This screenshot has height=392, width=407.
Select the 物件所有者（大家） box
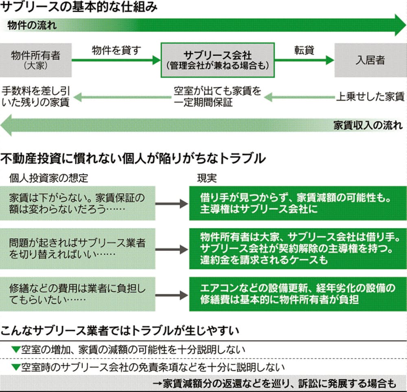[x=36, y=59]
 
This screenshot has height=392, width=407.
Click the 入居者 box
[x=370, y=60]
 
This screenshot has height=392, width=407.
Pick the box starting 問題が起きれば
[x=77, y=248]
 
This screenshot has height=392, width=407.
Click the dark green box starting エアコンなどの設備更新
[x=298, y=294]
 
